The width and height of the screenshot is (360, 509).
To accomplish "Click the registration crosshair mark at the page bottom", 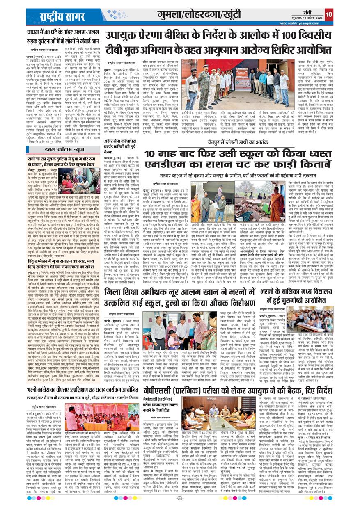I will (x=180, y=498).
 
